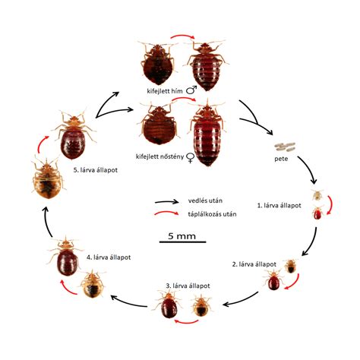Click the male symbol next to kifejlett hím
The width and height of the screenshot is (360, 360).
[191, 90]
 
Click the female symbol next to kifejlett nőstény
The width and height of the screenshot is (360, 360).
[190, 158]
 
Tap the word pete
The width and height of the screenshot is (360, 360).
[281, 159]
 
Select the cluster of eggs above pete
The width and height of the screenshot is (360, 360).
[286, 146]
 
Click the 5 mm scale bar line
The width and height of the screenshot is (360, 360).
[182, 242]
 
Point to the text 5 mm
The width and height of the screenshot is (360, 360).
[182, 236]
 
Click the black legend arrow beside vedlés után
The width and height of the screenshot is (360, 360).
[166, 202]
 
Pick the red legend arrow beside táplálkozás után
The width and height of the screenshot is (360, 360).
[166, 213]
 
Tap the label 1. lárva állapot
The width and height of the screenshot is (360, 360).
[279, 206]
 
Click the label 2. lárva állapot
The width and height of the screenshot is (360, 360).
[254, 264]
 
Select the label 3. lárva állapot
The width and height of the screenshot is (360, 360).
[188, 286]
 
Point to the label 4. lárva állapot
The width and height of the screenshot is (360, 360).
[109, 257]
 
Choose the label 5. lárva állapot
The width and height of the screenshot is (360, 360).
[96, 170]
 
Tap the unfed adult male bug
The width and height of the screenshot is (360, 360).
[157, 63]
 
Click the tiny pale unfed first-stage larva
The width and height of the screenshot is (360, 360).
[317, 195]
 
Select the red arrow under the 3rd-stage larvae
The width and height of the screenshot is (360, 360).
[186, 322]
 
